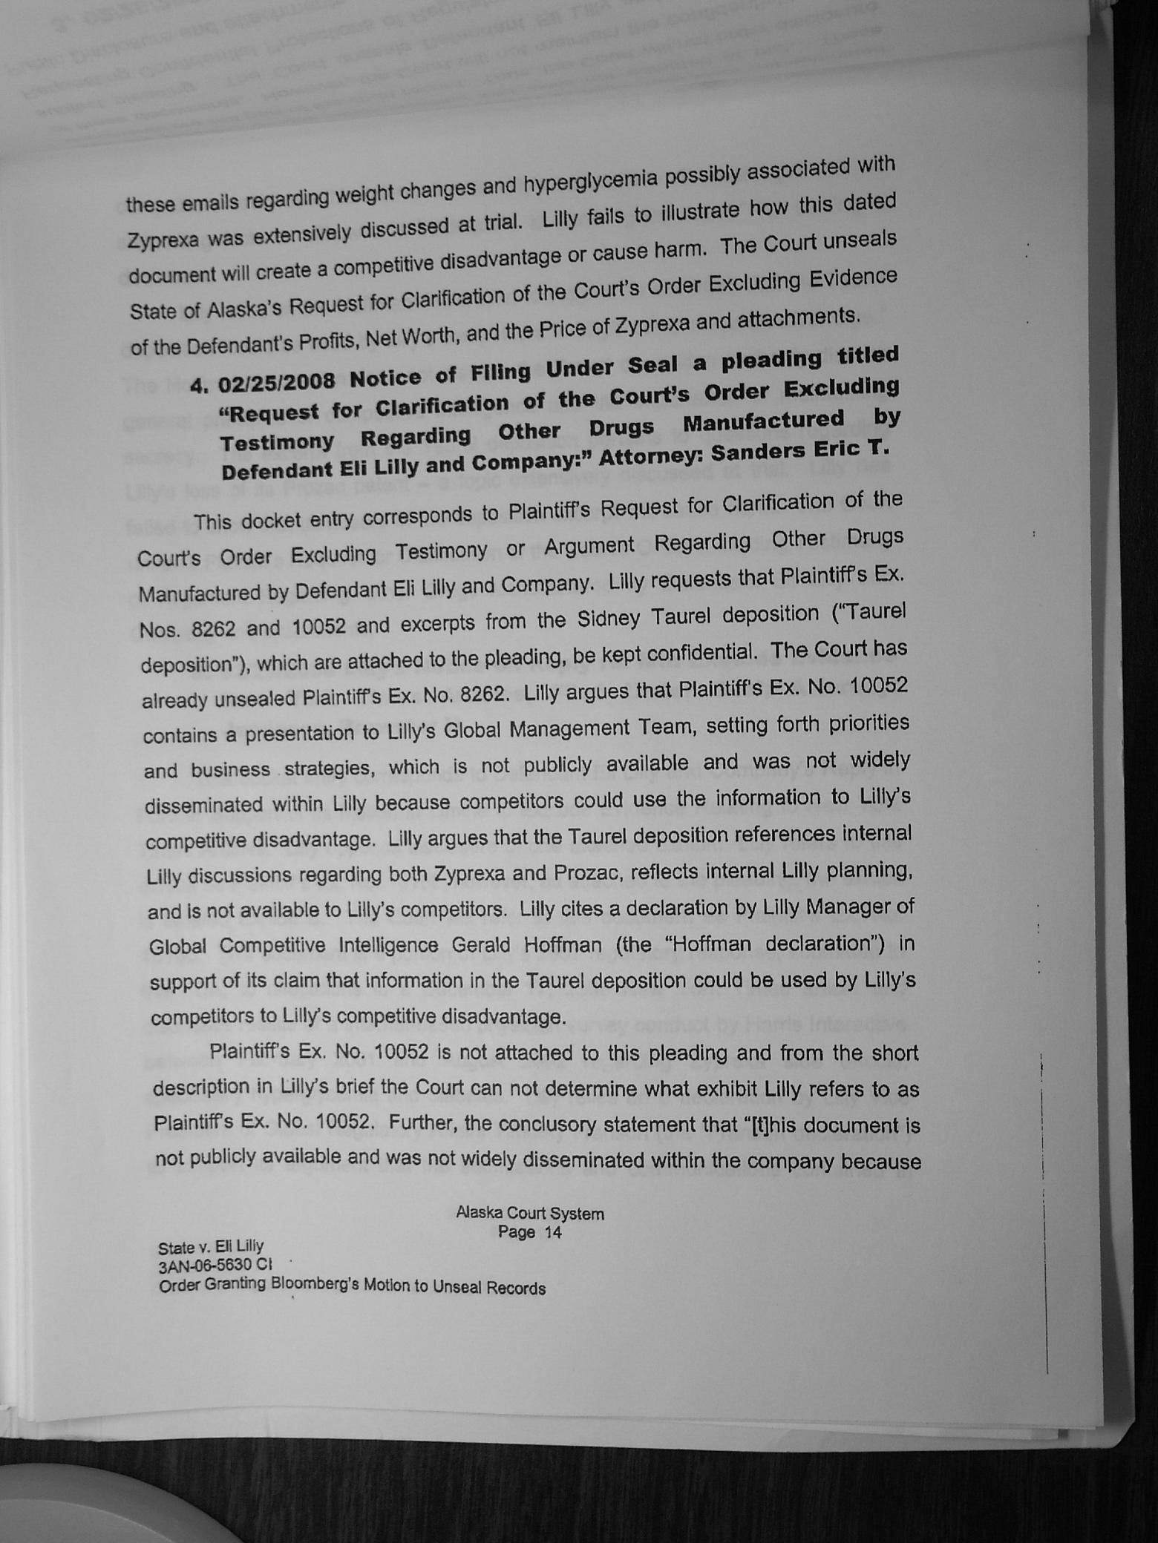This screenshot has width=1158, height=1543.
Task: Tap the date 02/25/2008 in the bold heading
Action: coord(277,383)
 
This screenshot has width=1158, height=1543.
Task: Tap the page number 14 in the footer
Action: coord(552,1232)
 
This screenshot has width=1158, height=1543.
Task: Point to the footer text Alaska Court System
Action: coord(529,1214)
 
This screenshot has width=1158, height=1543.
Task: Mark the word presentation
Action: coord(311,734)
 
